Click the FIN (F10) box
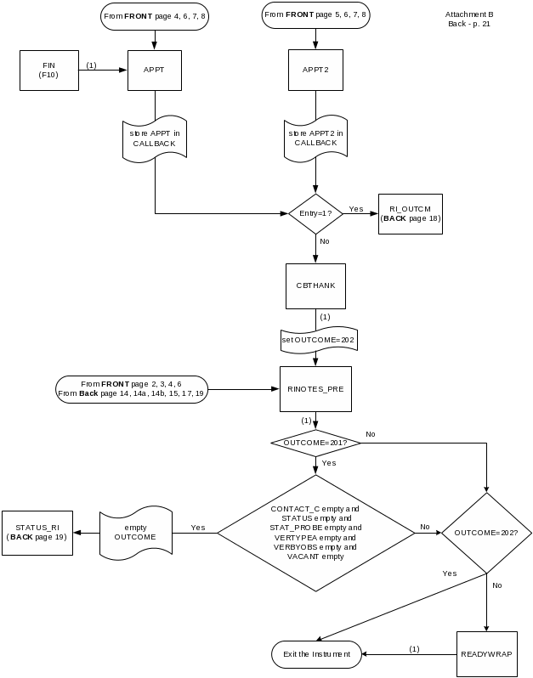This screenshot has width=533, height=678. click(48, 70)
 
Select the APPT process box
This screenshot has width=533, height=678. click(154, 70)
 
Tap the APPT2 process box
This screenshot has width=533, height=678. click(315, 70)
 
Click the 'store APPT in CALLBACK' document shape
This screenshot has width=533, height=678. click(154, 138)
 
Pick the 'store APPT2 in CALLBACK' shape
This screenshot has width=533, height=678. click(315, 138)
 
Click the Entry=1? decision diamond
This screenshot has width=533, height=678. click(315, 212)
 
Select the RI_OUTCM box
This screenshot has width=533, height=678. click(411, 213)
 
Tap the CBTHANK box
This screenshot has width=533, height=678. click(315, 285)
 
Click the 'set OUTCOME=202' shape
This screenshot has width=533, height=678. click(318, 340)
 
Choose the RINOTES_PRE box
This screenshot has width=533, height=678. click(315, 390)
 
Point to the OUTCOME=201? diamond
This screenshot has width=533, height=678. click(315, 443)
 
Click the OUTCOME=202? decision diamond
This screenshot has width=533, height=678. click(486, 533)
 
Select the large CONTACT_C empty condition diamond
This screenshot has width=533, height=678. click(315, 533)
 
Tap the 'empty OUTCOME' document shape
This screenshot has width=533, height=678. click(135, 533)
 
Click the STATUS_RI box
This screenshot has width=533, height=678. click(37, 533)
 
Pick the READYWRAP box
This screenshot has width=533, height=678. click(486, 653)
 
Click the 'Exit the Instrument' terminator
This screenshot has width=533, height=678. click(316, 653)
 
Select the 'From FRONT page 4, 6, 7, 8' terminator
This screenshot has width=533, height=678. click(155, 16)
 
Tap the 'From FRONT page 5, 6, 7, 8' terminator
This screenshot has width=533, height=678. click(316, 14)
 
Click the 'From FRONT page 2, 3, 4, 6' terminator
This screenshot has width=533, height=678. click(132, 389)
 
